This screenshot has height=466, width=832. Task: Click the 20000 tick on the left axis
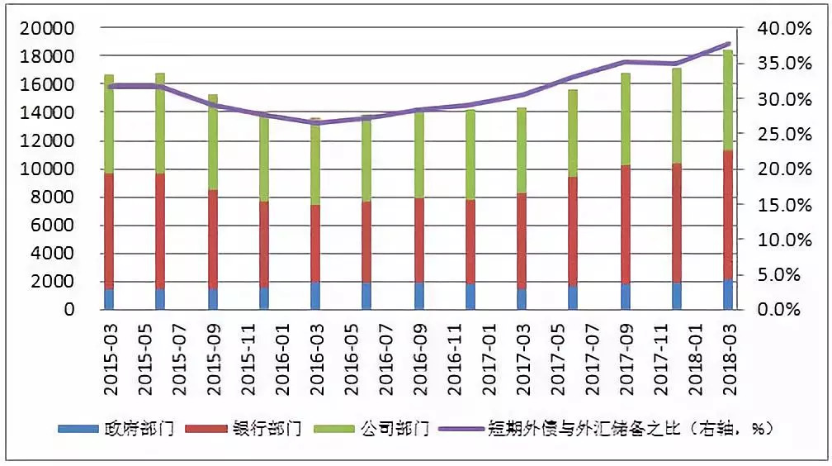pos(52,28)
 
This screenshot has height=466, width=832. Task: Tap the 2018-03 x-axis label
pos(729,353)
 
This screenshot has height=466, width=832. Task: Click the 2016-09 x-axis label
pos(419,353)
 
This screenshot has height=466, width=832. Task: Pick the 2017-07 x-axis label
pos(592,353)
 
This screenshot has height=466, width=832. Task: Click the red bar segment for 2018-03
pos(728,215)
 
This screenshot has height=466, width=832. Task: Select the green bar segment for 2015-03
pos(109,124)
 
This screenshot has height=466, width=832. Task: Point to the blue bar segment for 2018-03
pos(728,295)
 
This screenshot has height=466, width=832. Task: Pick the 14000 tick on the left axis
pos(52,112)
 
